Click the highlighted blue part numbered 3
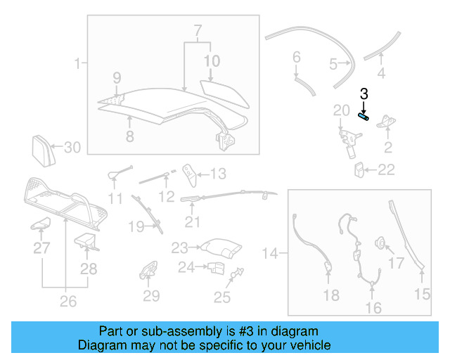pyautogui.click(x=364, y=117)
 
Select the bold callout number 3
pyautogui.click(x=364, y=93)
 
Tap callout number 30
pyautogui.click(x=73, y=147)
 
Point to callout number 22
pyautogui.click(x=386, y=169)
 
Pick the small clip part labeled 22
pyautogui.click(x=359, y=169)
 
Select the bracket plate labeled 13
pyautogui.click(x=188, y=172)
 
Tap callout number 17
pyautogui.click(x=397, y=264)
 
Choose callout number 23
pyautogui.click(x=180, y=247)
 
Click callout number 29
pyautogui.click(x=151, y=296)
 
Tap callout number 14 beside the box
pyautogui.click(x=271, y=251)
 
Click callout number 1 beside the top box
pyautogui.click(x=77, y=65)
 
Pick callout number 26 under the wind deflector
pyautogui.click(x=67, y=302)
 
